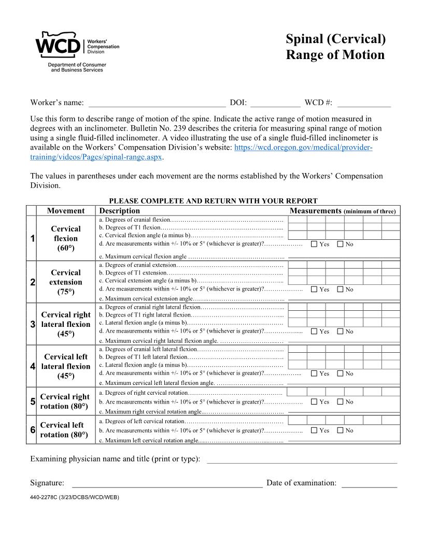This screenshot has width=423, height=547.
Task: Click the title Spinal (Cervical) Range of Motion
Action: (335, 47)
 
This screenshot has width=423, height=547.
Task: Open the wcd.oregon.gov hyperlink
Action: (303, 148)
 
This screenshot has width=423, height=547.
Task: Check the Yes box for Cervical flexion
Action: (314, 244)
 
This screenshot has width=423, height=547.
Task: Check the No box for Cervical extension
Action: (340, 290)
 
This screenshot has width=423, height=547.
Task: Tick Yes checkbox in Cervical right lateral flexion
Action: (314, 332)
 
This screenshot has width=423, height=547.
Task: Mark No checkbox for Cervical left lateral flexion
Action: (340, 373)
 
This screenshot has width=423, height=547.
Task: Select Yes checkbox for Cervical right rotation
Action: (314, 401)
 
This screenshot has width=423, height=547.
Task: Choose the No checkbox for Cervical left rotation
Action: (340, 430)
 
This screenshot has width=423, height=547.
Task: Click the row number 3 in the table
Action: (32, 324)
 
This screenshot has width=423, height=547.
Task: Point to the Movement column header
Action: (66, 211)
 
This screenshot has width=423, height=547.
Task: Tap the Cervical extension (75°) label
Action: (66, 282)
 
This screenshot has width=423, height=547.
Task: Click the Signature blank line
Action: (167, 483)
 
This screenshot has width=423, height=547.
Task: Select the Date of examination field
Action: (369, 483)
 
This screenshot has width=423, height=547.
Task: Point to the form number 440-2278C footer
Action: (75, 497)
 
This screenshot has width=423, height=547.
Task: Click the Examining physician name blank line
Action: (302, 459)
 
